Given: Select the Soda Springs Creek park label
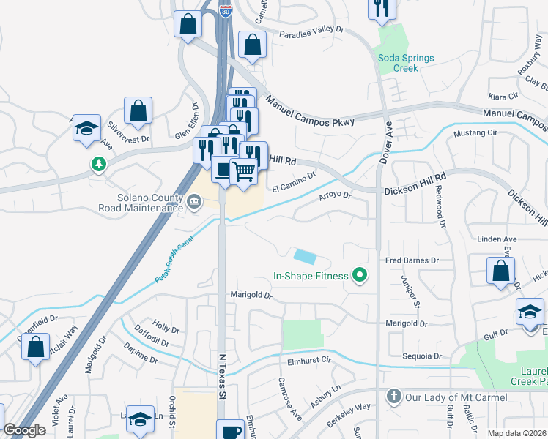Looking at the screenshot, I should click(406, 63).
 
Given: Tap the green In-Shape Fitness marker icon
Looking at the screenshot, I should click(359, 276).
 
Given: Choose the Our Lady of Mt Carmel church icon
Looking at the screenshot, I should click(393, 397).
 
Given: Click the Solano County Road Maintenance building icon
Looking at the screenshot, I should click(194, 201).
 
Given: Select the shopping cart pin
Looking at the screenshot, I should click(244, 172).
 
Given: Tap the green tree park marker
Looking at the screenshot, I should click(98, 163).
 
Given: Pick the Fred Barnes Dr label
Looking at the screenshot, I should click(412, 260).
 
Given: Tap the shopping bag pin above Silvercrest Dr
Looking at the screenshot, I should click(138, 111).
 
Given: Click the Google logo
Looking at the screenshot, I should click(24, 430).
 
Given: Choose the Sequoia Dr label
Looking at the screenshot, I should click(422, 356).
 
